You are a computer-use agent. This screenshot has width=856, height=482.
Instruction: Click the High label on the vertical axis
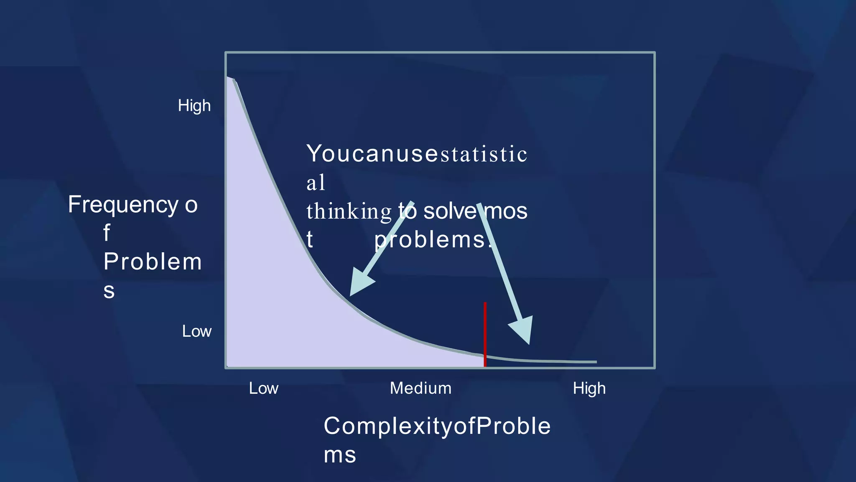(194, 106)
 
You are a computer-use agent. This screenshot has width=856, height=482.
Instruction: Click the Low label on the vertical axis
(197, 331)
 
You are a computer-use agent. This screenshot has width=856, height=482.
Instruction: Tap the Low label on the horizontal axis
(263, 388)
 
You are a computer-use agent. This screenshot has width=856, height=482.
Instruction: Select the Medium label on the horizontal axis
(420, 388)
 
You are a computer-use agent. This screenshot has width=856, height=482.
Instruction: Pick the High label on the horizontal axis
(589, 388)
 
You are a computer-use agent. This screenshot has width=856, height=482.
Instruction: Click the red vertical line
(485, 335)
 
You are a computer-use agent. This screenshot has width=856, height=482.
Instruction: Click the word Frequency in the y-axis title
(123, 205)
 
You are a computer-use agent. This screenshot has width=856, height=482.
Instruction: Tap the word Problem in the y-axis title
(153, 262)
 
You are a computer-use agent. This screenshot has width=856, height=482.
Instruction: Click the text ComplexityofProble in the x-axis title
(437, 426)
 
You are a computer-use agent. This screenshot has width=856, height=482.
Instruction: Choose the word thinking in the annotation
(349, 211)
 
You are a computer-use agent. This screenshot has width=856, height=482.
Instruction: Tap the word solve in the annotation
(450, 211)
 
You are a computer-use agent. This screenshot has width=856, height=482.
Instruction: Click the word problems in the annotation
(431, 240)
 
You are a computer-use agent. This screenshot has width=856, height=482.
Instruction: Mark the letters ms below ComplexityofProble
(340, 455)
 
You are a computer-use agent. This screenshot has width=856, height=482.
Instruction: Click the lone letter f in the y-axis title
(107, 233)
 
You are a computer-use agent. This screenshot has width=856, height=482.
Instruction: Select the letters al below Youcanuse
(316, 182)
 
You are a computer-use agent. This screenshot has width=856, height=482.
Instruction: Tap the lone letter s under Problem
(109, 290)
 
